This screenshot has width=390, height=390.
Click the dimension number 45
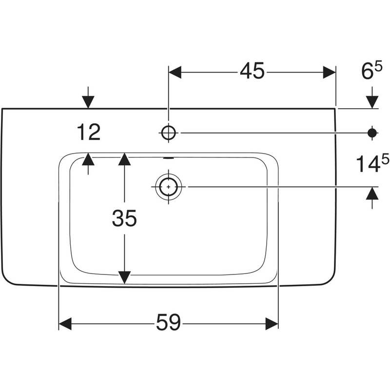tap(252, 72)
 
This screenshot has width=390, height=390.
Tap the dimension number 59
tap(168, 323)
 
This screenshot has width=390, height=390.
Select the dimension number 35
tap(124, 219)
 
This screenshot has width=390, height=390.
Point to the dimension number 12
tap(88, 132)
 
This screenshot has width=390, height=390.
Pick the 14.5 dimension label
tap(372, 164)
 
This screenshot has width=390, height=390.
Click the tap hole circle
tap(168, 132)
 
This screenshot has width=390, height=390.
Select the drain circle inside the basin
tap(168, 186)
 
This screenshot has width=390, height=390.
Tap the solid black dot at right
tap(372, 132)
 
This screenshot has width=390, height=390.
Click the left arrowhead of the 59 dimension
tap(65, 323)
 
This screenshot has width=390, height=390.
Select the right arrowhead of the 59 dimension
tap(272, 323)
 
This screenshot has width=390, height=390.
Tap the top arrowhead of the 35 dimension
tap(125, 159)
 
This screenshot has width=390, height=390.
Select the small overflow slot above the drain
tap(168, 158)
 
